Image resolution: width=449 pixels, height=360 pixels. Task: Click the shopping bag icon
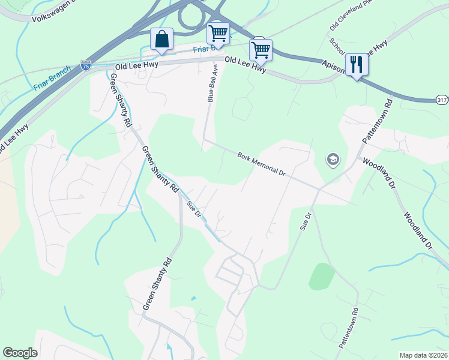162,40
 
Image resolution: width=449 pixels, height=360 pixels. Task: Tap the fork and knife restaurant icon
357,65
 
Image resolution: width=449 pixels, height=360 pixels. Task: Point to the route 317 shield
441,100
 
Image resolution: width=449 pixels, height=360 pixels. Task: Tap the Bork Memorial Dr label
261,163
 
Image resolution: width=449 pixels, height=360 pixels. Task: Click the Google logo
20,353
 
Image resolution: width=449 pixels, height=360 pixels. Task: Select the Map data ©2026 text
423,355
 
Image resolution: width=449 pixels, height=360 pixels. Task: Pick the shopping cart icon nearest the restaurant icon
261,50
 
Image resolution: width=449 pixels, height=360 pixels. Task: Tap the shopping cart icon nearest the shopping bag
218,33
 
